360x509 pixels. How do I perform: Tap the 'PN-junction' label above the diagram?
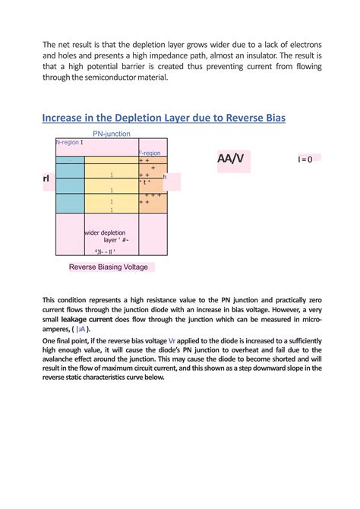point(112,134)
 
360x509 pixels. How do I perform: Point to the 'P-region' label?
point(150,153)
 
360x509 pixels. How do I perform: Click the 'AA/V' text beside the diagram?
point(231,159)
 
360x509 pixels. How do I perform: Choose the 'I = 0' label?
point(305,159)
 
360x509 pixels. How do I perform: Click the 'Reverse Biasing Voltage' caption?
point(108,267)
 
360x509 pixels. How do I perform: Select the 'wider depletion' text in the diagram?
point(106,232)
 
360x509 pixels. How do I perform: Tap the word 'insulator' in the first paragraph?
point(251,55)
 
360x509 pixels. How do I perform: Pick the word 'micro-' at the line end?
point(306,320)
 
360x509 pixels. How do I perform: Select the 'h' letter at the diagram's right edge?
point(164,176)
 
